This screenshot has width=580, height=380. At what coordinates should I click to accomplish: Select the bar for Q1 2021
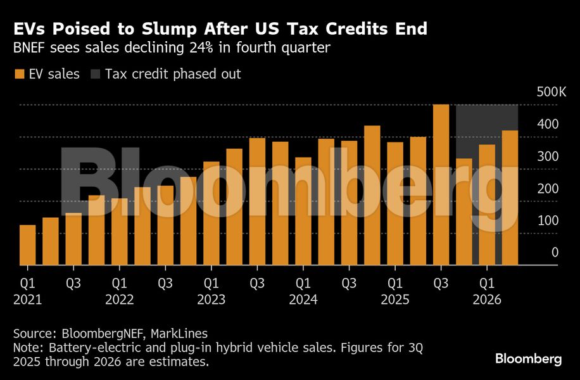27,245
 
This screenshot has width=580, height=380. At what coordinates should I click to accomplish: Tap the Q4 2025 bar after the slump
464,212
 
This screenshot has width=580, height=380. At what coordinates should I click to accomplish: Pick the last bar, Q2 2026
510,198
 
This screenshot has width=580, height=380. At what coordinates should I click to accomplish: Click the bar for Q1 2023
211,213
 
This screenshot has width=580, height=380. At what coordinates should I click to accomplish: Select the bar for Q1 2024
303,211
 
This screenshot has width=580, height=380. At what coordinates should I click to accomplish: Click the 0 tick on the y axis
555,253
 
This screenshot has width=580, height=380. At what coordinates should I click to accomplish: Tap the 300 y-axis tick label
551,156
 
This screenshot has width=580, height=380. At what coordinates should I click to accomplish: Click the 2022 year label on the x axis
120,299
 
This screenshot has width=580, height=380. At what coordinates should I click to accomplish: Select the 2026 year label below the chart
487,299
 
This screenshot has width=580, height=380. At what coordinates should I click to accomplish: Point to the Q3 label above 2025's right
441,282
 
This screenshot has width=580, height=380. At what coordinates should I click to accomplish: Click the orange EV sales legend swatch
18,74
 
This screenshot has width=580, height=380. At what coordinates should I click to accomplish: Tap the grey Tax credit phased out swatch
94,74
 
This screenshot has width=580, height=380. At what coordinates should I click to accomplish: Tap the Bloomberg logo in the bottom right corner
528,359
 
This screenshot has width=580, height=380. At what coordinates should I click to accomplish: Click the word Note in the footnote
27,348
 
